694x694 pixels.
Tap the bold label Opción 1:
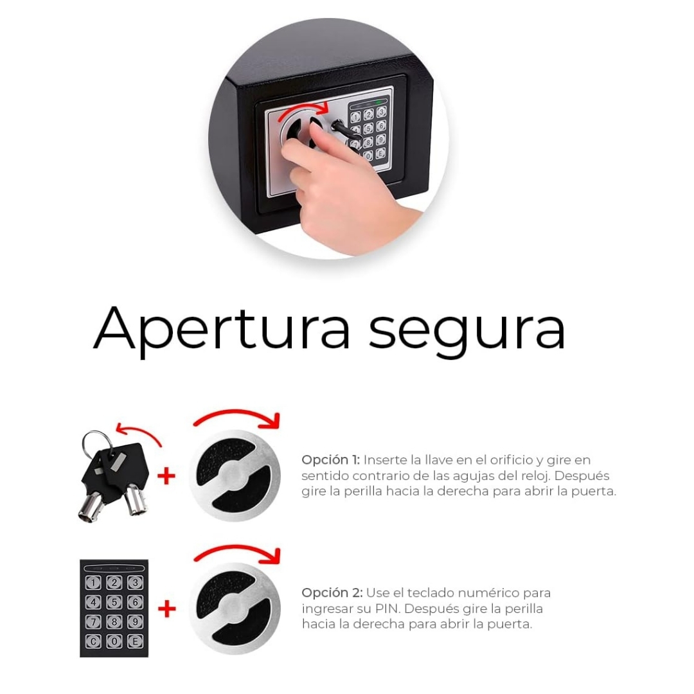(331, 460)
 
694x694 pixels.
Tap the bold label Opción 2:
(332, 593)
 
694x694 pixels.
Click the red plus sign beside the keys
(167, 476)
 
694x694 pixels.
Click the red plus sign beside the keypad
(167, 609)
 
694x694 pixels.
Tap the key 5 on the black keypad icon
(114, 602)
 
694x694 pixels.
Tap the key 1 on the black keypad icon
(93, 583)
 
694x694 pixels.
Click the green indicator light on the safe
(378, 103)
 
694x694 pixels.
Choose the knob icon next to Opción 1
(235, 476)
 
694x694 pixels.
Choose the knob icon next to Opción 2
(235, 609)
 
